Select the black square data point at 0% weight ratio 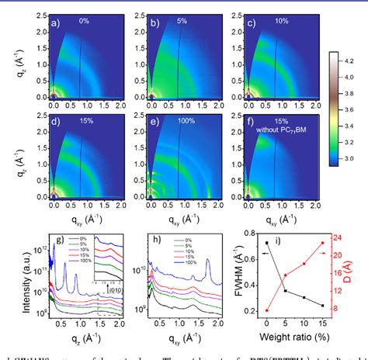point(267,243)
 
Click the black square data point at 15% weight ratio point(322,306)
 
